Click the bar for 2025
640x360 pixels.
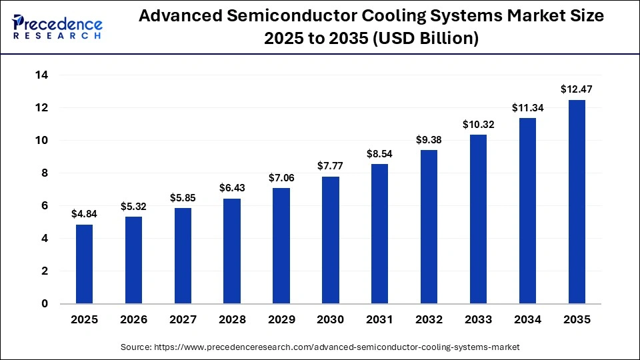tap(84, 264)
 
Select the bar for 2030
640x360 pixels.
tap(331, 240)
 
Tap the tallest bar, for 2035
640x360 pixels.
tap(577, 201)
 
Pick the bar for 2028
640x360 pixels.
tap(232, 251)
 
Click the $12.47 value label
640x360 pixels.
tap(577, 89)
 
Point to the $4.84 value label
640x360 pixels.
tap(84, 214)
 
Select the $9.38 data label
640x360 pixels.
tap(429, 139)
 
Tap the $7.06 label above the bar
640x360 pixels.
tap(281, 177)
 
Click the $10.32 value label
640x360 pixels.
tap(478, 124)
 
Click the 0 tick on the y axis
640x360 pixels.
tap(45, 304)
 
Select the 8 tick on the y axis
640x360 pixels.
tap(45, 173)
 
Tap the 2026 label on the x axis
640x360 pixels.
tap(133, 320)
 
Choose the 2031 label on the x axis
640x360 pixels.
tap(380, 320)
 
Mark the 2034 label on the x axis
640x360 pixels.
tap(527, 320)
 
